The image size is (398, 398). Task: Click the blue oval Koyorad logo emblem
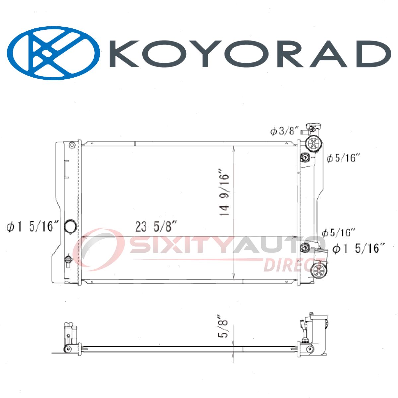(53, 53)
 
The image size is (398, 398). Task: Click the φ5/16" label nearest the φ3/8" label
(343, 158)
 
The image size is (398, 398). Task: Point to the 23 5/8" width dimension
(155, 227)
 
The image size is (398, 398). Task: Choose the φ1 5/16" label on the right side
(359, 248)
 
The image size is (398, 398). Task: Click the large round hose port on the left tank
(70, 227)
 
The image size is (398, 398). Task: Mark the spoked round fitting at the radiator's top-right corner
(313, 144)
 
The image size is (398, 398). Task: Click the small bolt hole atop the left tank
(72, 145)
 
